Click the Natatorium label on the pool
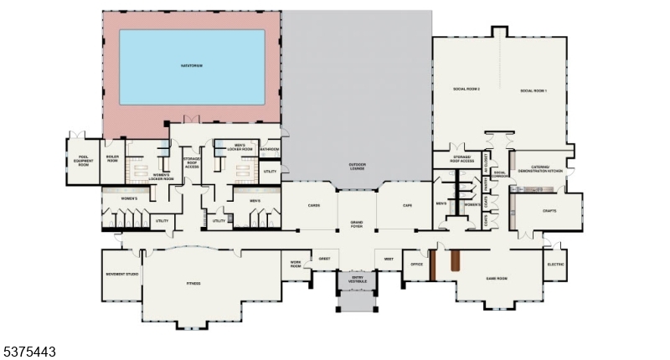(193, 64)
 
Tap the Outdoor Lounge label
(358, 165)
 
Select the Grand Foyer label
(357, 224)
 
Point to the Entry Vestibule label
(358, 279)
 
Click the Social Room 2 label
(466, 90)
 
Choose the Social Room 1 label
(533, 90)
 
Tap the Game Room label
(497, 277)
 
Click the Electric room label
(555, 265)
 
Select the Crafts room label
(549, 211)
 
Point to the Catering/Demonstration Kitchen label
(541, 168)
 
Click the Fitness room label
(193, 284)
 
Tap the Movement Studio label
(121, 273)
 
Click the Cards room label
(314, 204)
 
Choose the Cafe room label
(407, 204)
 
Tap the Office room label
(416, 265)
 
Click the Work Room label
(296, 264)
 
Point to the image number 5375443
(30, 352)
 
